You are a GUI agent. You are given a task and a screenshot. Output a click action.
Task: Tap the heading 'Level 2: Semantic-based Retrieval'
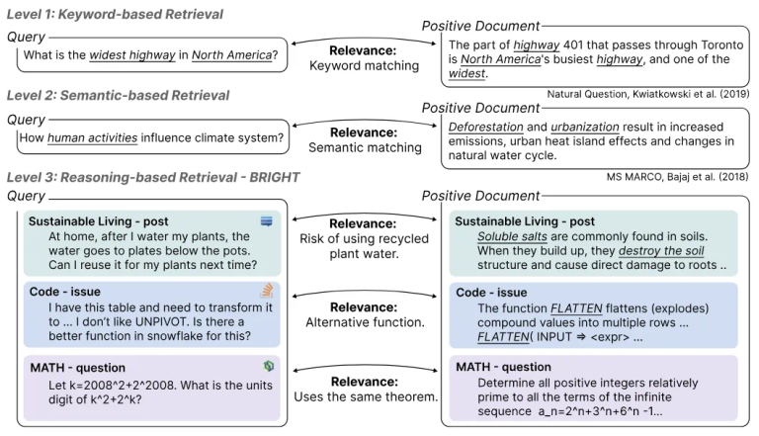coord(118,95)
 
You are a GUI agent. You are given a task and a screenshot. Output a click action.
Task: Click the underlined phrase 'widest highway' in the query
coord(125,55)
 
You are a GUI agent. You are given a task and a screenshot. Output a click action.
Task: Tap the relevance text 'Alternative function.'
coord(365,321)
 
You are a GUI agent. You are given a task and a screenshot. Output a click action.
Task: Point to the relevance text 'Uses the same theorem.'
coord(365,396)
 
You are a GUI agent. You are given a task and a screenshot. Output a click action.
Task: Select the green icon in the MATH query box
coord(267,366)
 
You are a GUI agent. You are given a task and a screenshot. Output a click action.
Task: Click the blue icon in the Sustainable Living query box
coord(266,221)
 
